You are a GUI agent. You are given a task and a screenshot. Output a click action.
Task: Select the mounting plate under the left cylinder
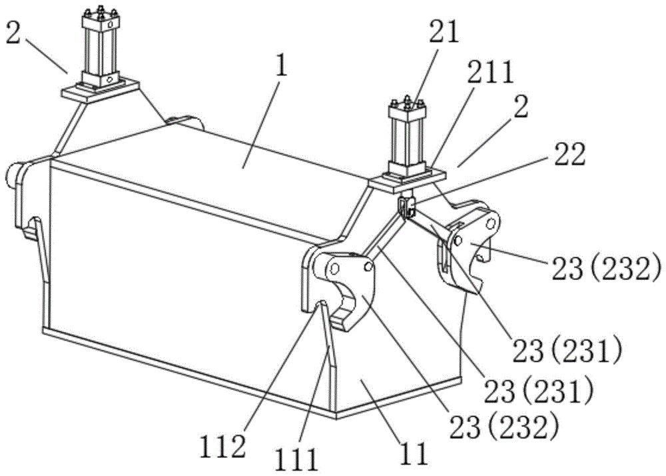tap(99, 89)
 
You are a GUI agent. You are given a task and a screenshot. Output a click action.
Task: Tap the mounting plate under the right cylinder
tap(406, 178)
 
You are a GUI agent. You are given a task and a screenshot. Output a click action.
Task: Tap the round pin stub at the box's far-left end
tap(13, 175)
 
